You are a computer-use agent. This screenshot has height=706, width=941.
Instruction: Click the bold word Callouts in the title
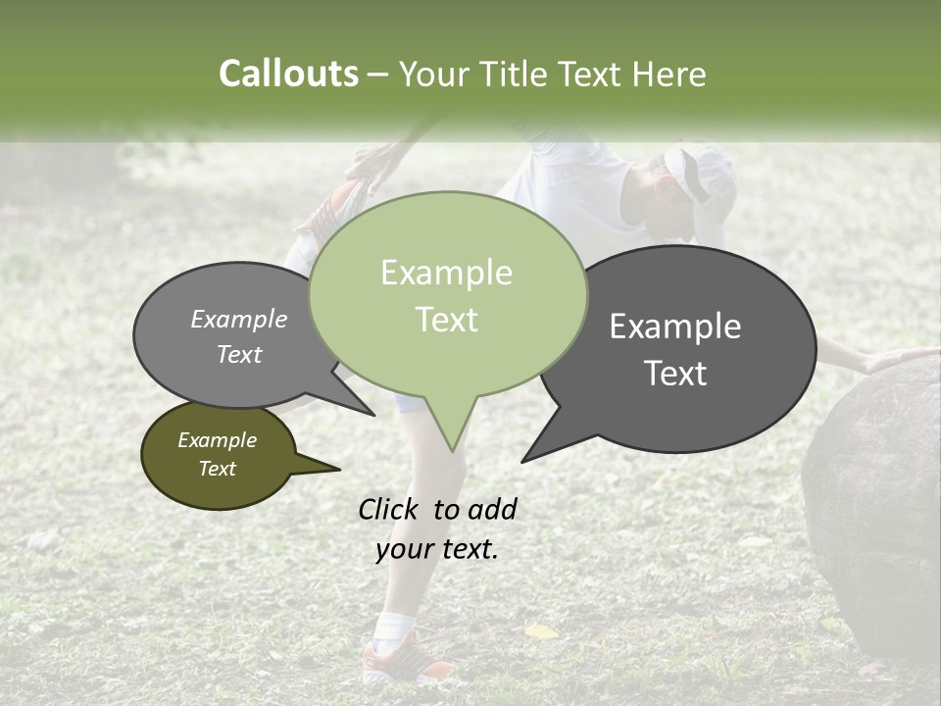(x=288, y=74)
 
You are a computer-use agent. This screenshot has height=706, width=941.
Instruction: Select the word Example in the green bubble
(x=446, y=273)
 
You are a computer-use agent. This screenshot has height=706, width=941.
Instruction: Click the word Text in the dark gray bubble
(x=675, y=374)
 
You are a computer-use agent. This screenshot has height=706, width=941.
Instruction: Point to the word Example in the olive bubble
(x=217, y=440)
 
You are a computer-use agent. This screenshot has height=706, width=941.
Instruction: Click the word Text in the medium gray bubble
(x=239, y=354)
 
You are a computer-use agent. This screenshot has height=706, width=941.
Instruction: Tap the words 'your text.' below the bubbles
(x=437, y=549)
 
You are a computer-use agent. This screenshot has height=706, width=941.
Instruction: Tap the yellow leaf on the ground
(x=539, y=631)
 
